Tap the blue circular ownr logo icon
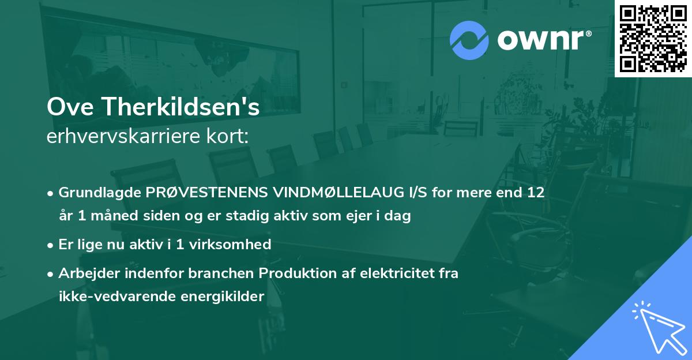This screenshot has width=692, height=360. pos(470,40)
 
